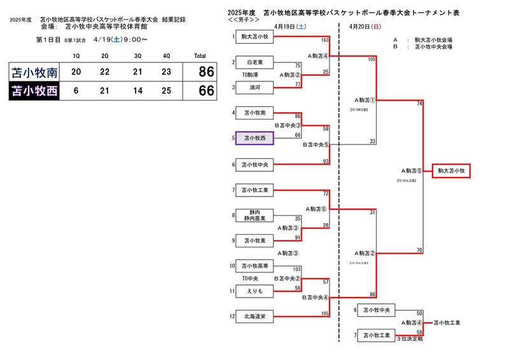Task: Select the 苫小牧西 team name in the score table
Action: pos(34,92)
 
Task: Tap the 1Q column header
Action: pos(76,56)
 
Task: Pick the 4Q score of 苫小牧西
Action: pos(167,92)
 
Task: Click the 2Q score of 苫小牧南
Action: pos(106,72)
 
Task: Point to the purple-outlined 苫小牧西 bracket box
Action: pos(254,138)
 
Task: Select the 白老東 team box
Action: pos(254,63)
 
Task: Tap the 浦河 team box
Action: pos(254,87)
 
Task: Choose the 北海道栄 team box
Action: pos(254,316)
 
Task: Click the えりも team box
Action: pos(254,291)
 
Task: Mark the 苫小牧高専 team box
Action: pos(254,267)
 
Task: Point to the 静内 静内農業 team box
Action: pos(254,215)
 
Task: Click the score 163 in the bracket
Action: pos(307,40)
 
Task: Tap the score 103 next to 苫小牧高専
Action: pos(296,270)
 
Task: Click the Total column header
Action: pos(200,56)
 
